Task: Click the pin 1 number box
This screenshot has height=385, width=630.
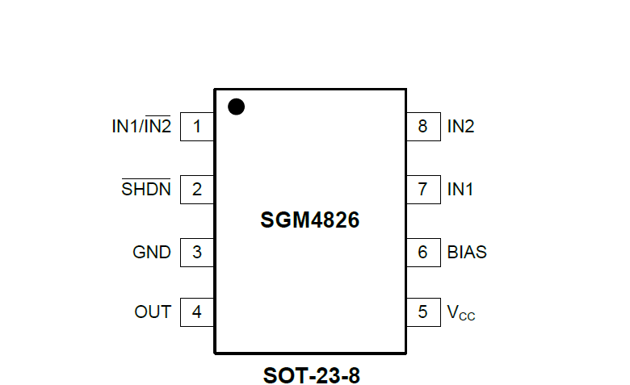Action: (x=197, y=127)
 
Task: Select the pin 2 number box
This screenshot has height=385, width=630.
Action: (x=197, y=190)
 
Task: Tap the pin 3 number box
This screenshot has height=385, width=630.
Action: (x=197, y=252)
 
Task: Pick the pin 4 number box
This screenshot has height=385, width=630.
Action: (x=197, y=312)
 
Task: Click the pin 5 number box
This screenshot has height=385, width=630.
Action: (x=422, y=312)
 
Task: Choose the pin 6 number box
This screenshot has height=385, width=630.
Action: (x=422, y=252)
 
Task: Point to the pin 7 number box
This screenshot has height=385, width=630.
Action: (x=422, y=190)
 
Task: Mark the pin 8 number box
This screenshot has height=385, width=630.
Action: (x=422, y=127)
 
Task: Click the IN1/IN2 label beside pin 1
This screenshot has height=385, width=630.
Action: (x=141, y=127)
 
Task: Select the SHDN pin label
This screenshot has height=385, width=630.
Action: (x=146, y=190)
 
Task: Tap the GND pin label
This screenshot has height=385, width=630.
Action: (x=152, y=252)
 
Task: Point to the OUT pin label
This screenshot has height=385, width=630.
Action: (x=153, y=312)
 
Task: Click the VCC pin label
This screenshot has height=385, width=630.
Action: (x=461, y=312)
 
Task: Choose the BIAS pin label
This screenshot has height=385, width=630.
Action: (x=467, y=252)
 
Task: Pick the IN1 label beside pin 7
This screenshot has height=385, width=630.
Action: (x=460, y=190)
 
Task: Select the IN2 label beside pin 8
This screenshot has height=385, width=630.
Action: (x=460, y=127)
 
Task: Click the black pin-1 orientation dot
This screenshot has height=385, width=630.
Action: (x=236, y=107)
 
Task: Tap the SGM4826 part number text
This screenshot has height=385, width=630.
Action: (x=309, y=220)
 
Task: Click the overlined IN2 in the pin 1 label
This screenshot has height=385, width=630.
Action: (x=157, y=127)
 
